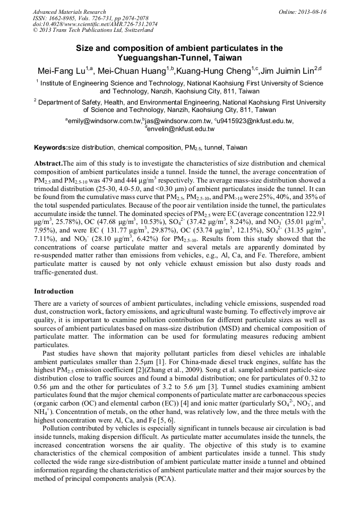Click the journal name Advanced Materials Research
coord(69,12)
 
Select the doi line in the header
coord(95,24)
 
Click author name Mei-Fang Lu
coord(61,71)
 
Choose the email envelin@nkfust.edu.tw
coord(181,128)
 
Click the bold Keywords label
coord(50,147)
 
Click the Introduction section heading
coord(54,291)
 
